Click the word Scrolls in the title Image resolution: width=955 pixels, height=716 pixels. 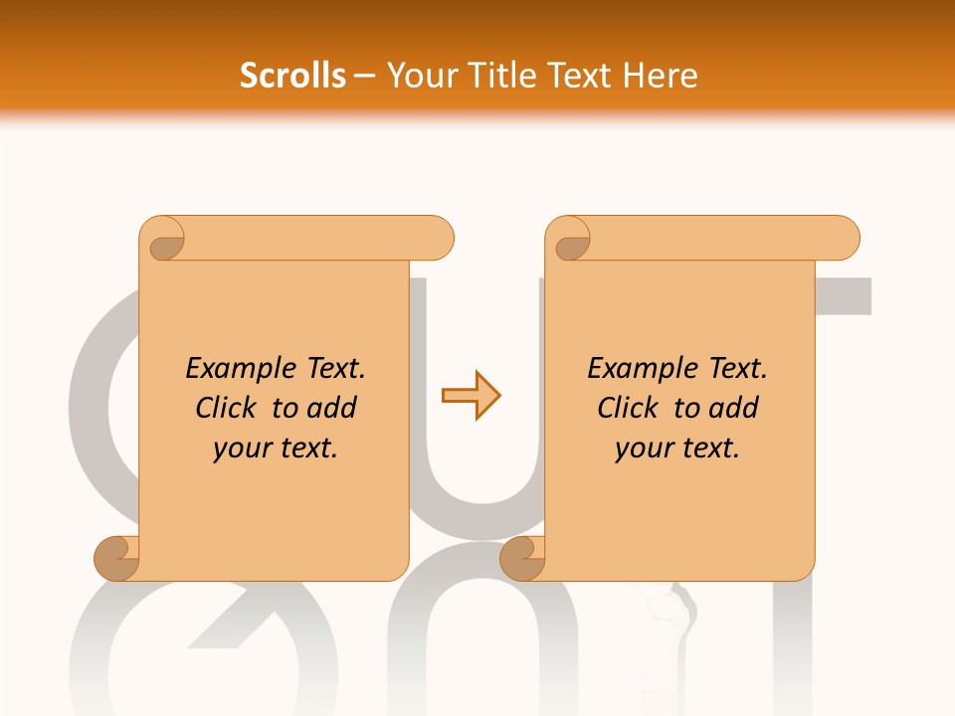pos(292,76)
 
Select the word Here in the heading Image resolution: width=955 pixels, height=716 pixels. pos(661,76)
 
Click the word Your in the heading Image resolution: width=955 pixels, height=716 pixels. pos(418,76)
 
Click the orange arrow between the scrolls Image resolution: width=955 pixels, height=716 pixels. pos(471,396)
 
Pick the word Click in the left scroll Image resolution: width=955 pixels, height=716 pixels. pos(228,409)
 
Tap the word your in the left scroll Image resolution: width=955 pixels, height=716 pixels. pos(240,449)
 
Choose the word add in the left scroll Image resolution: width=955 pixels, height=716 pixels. pos(331,409)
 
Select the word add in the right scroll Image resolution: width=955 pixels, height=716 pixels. pos(733,409)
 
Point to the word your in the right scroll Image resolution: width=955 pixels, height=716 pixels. pos(642,449)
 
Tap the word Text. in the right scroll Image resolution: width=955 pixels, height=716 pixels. pos(737,369)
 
